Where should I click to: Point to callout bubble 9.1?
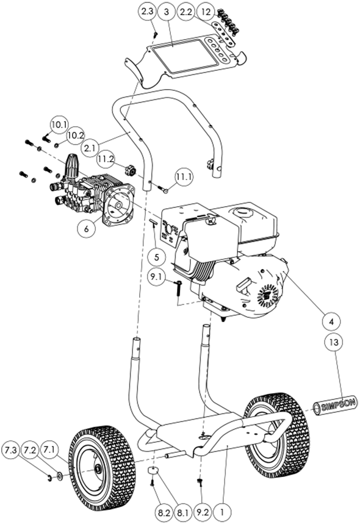click(x=156, y=276)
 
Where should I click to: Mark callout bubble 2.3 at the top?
click(x=148, y=13)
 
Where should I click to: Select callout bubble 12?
click(x=207, y=12)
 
